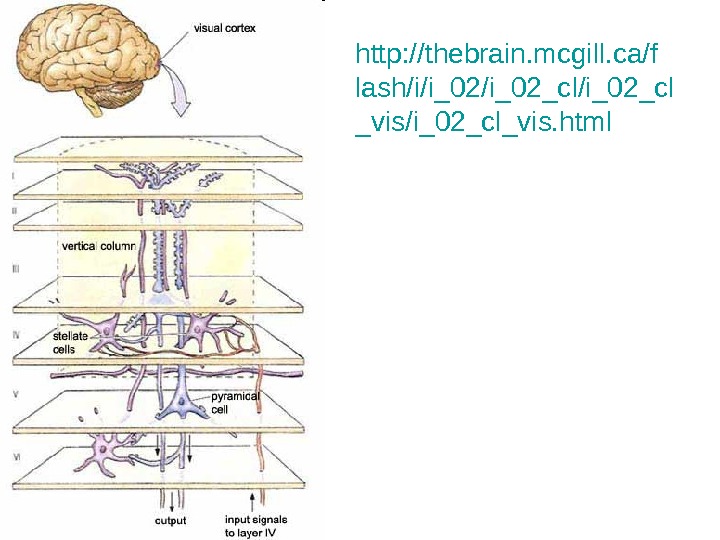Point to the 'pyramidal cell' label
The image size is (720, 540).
click(x=235, y=402)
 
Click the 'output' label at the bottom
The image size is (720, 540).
click(x=170, y=520)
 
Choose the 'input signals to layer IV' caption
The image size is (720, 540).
click(x=256, y=525)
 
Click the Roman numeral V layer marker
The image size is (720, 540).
click(x=15, y=396)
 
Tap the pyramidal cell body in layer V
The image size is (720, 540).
click(x=183, y=402)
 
